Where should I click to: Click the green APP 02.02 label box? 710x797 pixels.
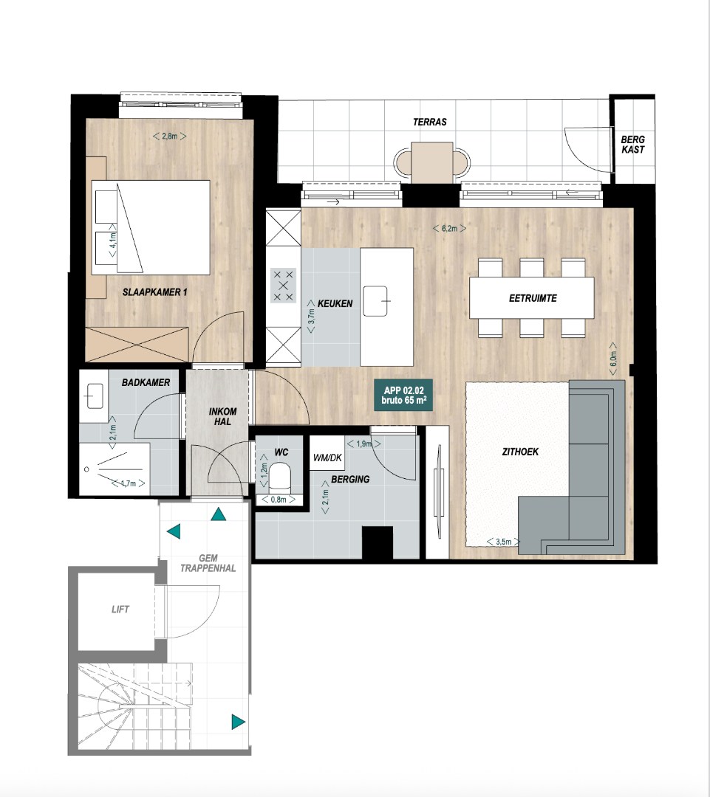pos(403,396)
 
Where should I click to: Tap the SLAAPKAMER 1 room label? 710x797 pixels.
pos(154,292)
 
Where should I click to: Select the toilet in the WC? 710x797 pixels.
pos(279,475)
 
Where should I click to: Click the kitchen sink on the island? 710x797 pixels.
pos(375,301)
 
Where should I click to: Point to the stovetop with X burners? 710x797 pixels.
pos(284,286)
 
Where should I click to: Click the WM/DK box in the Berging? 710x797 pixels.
pos(327,458)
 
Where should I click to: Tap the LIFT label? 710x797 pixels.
pos(120,609)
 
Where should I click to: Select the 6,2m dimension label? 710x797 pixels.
pos(449,229)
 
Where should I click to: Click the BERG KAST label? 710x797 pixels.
pos(632,145)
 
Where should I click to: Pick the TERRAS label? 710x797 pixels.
pos(429,122)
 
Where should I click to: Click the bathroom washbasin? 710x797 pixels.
pos(94,396)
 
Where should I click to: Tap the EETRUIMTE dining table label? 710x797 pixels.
pos(533,298)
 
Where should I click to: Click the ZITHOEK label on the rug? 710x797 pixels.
pos(520,452)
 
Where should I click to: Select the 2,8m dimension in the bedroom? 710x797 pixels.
pos(169,137)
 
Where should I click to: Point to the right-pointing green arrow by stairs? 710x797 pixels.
pos(238,722)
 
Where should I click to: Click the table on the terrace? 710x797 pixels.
pos(432,162)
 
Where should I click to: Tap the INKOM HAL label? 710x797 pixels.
pos(222,416)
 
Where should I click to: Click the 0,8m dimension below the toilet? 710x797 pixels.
pos(279,500)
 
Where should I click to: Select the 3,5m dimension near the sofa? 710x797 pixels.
pos(503,542)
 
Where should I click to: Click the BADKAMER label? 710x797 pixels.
pos(146,382)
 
